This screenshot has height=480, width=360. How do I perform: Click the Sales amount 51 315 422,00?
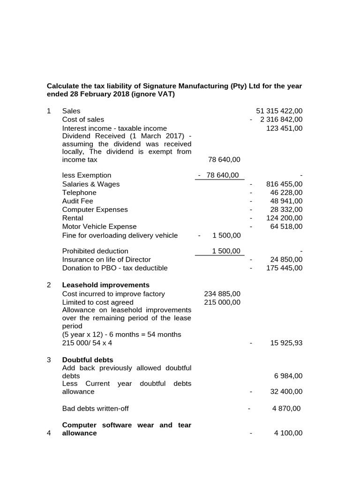(279, 111)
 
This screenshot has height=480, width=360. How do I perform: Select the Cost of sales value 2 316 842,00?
(281, 120)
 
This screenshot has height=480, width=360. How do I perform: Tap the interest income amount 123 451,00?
(284, 128)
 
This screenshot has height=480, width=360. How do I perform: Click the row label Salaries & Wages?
(90, 184)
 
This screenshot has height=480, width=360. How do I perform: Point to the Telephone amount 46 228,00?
(286, 193)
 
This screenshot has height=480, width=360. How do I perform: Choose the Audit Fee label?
(77, 201)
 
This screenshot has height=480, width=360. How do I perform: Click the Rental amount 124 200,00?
(285, 218)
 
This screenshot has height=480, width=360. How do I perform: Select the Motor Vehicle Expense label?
(99, 226)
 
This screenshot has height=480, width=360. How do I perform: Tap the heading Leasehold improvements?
(105, 285)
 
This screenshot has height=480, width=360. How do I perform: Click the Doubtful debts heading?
(88, 360)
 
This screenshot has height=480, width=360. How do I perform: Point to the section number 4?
(49, 433)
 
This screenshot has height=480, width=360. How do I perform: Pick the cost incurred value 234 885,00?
(222, 294)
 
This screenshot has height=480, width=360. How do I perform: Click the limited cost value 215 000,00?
(222, 302)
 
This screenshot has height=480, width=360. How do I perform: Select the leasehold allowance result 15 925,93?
(286, 343)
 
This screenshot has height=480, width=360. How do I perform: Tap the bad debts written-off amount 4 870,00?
(286, 408)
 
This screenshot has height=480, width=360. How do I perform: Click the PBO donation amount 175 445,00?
(285, 268)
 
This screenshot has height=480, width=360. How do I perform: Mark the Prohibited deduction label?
(95, 251)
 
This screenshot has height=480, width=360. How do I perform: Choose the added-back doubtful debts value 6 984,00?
(288, 376)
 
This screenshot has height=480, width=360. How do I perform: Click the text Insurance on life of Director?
(106, 260)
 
